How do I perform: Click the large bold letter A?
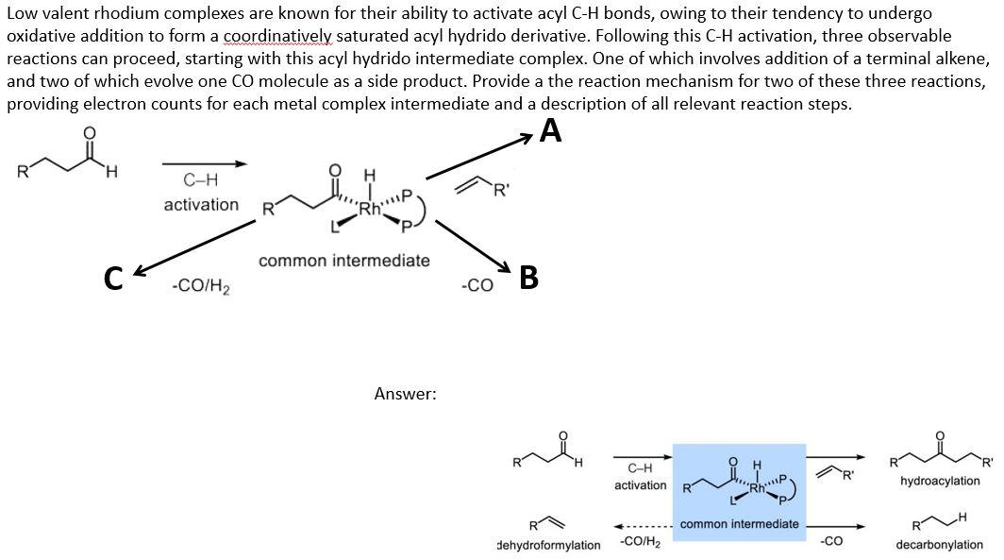click(x=551, y=130)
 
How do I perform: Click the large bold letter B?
click(x=528, y=278)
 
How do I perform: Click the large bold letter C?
click(x=113, y=279)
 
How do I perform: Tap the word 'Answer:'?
click(x=406, y=394)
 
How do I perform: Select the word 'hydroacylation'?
click(x=940, y=481)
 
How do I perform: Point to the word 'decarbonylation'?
click(x=939, y=545)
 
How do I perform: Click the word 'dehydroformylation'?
click(x=549, y=545)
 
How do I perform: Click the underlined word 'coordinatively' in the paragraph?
click(x=277, y=37)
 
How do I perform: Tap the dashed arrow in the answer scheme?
click(x=643, y=527)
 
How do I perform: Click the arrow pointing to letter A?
click(x=479, y=157)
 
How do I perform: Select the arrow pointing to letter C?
click(x=194, y=248)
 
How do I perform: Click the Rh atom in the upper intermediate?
click(x=370, y=209)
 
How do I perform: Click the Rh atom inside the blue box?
click(x=757, y=488)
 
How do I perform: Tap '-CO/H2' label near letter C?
click(x=201, y=286)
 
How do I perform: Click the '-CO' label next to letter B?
click(x=477, y=285)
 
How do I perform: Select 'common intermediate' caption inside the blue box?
click(x=740, y=524)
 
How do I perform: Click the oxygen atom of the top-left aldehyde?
click(x=90, y=132)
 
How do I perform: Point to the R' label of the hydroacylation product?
click(x=987, y=463)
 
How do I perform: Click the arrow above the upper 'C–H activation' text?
click(x=204, y=164)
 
